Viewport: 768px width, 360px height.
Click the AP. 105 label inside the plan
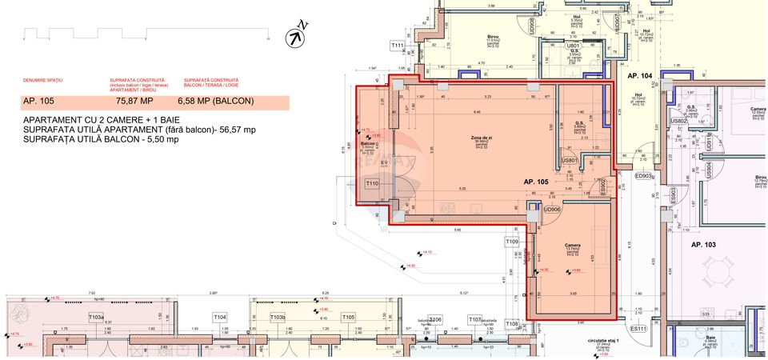click(x=537, y=182)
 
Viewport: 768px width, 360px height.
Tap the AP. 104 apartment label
click(x=640, y=75)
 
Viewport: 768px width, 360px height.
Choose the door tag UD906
click(x=552, y=210)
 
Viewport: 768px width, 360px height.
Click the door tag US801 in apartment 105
click(x=570, y=161)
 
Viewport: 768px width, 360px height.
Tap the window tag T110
click(x=372, y=184)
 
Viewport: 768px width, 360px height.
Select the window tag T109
click(x=512, y=241)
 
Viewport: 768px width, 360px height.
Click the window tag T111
click(x=398, y=46)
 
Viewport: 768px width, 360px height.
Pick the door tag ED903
click(x=644, y=176)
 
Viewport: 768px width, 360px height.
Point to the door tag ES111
click(x=638, y=328)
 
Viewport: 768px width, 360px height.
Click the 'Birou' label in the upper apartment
click(x=493, y=37)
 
